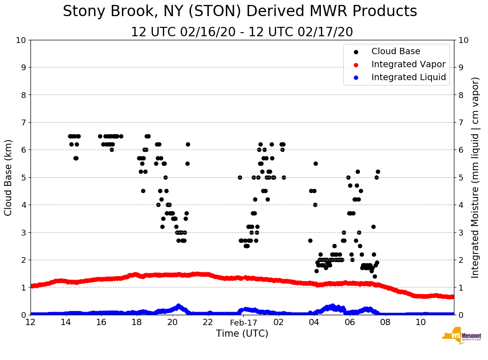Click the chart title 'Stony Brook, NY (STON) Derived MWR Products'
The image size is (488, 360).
[240, 12]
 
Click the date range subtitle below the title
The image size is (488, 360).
[242, 32]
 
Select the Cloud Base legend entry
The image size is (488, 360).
[396, 51]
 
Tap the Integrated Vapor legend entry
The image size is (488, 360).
[408, 64]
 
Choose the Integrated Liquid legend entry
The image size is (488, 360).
[408, 77]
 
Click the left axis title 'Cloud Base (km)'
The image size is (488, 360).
[9, 177]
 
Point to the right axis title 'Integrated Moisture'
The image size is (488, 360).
[475, 177]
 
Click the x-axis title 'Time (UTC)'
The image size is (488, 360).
[242, 334]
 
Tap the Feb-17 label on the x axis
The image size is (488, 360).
[243, 322]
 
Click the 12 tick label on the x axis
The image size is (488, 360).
[30, 322]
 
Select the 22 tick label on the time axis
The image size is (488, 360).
[207, 322]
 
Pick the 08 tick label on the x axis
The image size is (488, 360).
[385, 322]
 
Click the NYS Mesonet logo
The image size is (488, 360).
[461, 336]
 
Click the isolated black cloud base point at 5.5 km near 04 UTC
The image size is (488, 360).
[315, 163]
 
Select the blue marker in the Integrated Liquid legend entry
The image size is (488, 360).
[356, 77]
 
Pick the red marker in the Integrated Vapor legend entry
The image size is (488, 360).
[356, 64]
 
